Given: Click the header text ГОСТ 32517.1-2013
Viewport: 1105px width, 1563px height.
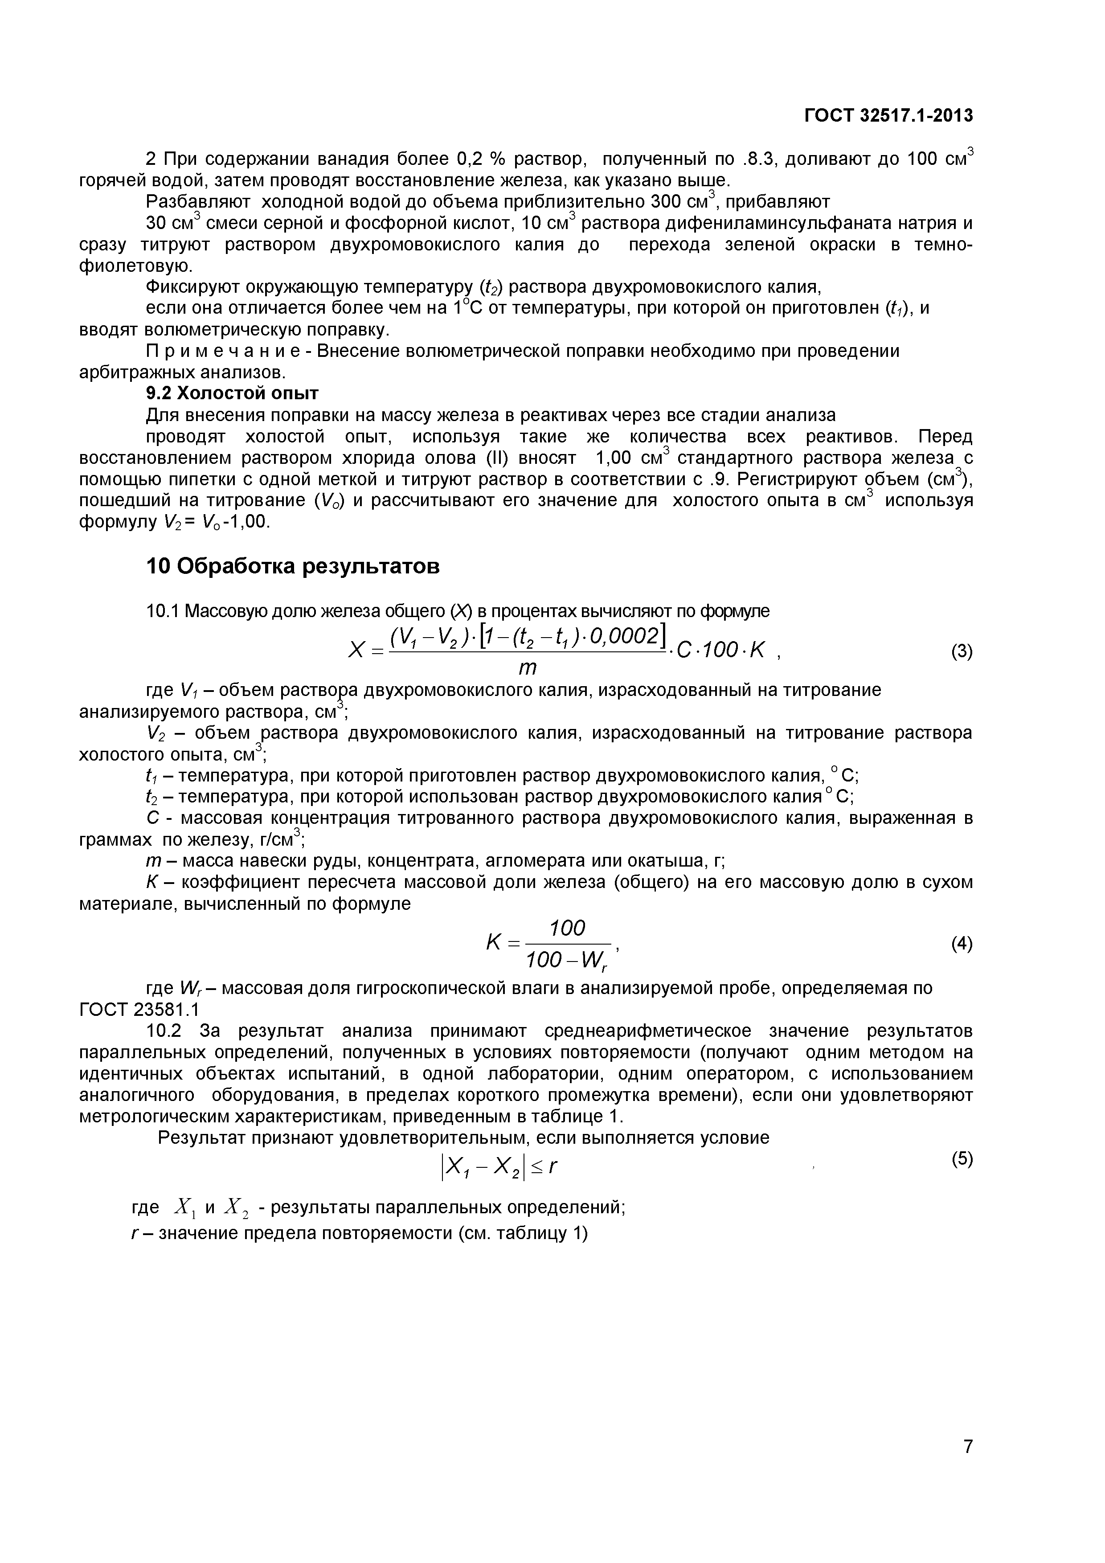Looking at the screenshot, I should coord(888,116).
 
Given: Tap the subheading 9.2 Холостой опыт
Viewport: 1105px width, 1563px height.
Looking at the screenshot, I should coord(233,393).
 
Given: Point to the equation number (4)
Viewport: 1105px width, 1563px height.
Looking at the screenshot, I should coord(962,944).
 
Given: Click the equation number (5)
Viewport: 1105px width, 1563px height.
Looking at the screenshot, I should coord(962,1158).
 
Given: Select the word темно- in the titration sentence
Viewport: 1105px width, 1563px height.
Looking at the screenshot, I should coord(943,245).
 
